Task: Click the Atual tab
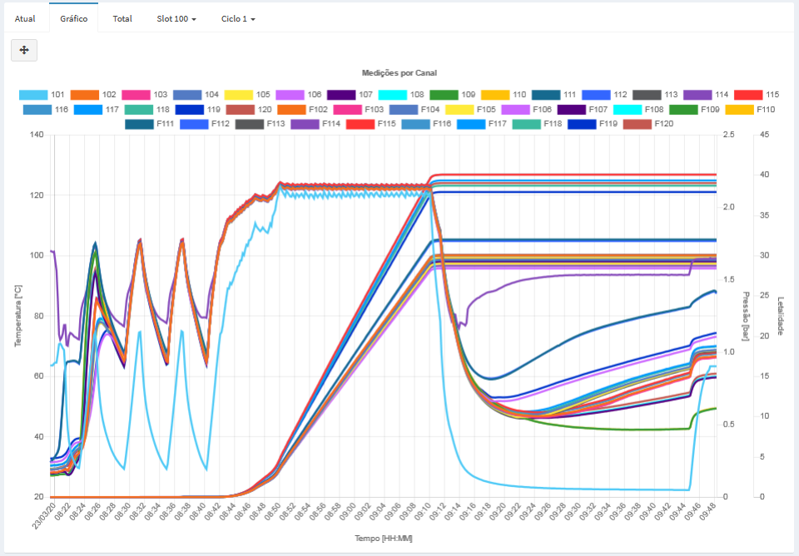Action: (x=25, y=18)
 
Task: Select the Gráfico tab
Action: (x=73, y=18)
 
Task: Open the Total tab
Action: (x=122, y=18)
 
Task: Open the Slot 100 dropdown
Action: (x=176, y=18)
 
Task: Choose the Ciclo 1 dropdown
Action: (x=238, y=18)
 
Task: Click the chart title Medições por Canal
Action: (x=399, y=73)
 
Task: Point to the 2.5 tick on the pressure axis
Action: (x=730, y=135)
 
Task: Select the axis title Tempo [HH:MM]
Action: (x=384, y=539)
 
